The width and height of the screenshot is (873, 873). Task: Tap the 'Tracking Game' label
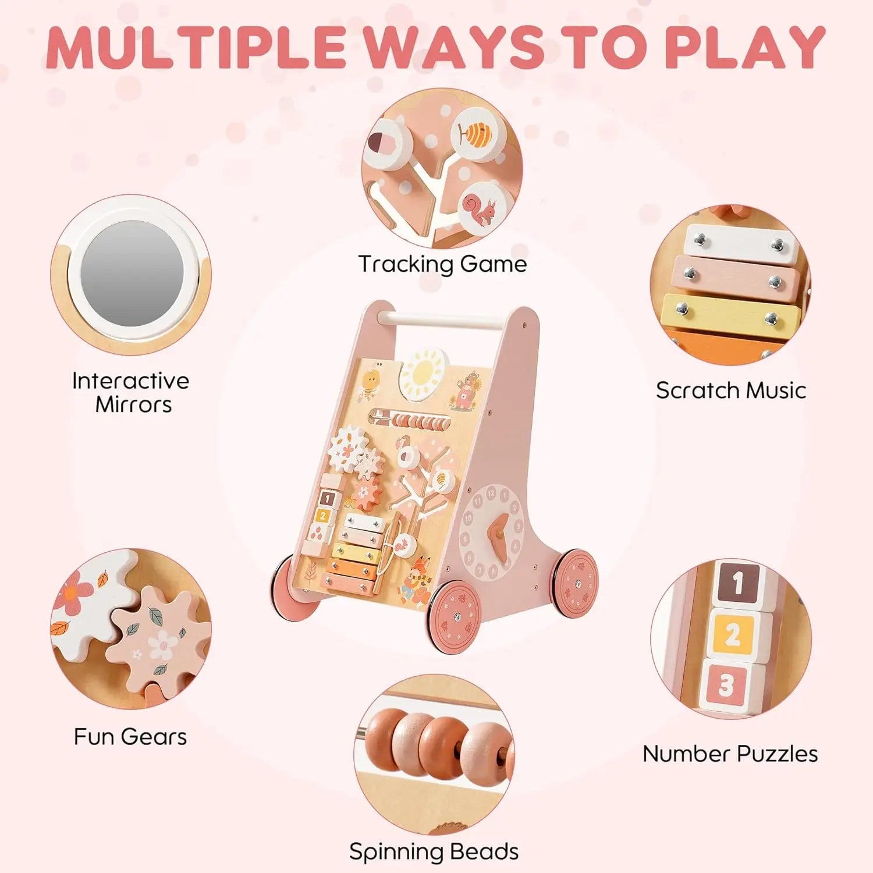click(442, 264)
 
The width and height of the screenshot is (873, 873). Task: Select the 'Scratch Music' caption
click(730, 390)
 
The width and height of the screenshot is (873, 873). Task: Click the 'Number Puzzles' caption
click(730, 754)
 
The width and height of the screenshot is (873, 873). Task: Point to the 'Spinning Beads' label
click(434, 851)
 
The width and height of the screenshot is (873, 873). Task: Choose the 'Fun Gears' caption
click(130, 737)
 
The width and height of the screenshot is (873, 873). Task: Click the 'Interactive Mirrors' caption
click(130, 392)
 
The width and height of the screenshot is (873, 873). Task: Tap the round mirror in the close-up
click(133, 274)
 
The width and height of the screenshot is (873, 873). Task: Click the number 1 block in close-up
click(738, 583)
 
